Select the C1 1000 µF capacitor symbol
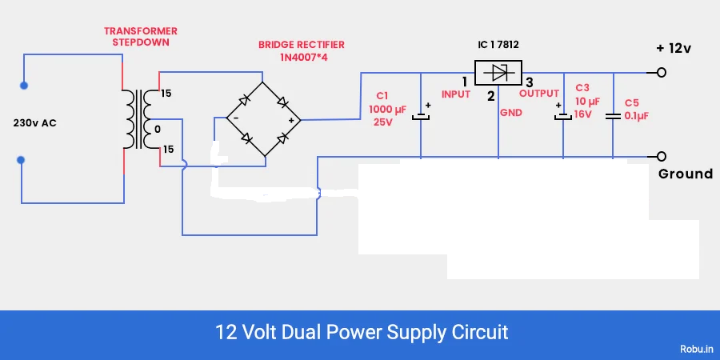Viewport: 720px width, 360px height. tap(422, 117)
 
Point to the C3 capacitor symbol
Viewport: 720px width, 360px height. tap(564, 117)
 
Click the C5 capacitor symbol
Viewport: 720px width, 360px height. tap(613, 117)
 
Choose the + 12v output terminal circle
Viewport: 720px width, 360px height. tap(661, 73)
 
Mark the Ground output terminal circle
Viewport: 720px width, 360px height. tap(661, 157)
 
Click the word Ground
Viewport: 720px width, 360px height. tap(685, 174)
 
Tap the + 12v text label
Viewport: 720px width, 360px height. tap(674, 48)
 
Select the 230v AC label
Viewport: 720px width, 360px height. tap(35, 124)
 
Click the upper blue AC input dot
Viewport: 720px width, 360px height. tap(24, 85)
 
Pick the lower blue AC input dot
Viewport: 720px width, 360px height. tap(22, 160)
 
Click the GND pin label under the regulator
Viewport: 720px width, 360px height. tap(510, 114)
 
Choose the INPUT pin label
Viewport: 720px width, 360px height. tap(457, 94)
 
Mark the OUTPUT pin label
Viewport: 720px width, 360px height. tap(539, 94)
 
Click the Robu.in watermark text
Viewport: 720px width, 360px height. tap(695, 349)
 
